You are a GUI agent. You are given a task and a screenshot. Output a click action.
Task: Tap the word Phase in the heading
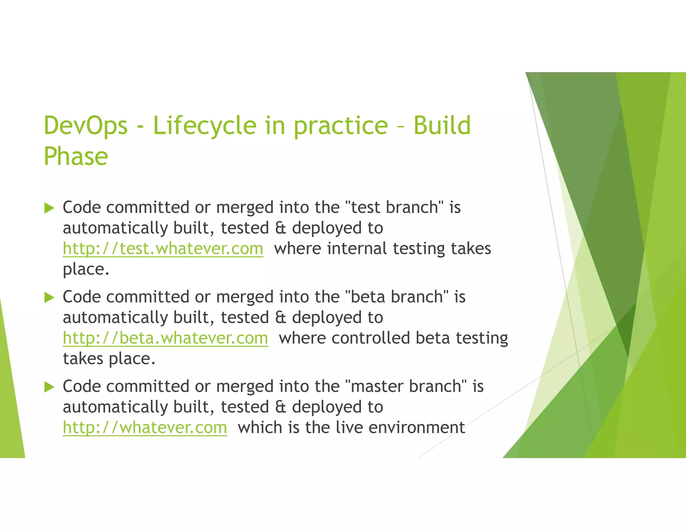[76, 156]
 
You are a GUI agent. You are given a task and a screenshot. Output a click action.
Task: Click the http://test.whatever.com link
[163, 249]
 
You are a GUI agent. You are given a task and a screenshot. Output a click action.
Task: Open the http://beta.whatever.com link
[165, 338]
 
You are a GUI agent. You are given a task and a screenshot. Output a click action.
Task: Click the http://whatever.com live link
[145, 428]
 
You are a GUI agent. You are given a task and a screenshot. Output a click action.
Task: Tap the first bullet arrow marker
[49, 208]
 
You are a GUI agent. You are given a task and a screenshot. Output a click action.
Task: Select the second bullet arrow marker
[49, 297]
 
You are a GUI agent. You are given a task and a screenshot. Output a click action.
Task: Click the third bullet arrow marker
[49, 387]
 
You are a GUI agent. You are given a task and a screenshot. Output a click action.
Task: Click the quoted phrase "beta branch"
[397, 297]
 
